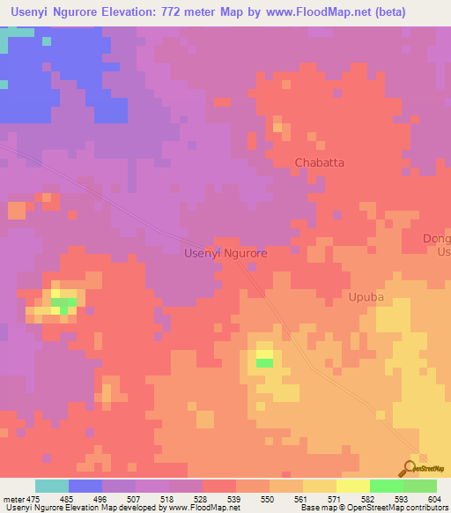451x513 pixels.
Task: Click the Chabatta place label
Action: coord(319,163)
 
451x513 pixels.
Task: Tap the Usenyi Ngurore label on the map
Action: coord(225,253)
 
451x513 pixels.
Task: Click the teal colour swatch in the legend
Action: coord(52,486)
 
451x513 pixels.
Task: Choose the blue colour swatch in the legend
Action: coord(85,486)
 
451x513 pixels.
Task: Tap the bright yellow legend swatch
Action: coord(353,486)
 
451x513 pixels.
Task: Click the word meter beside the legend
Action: coord(12,497)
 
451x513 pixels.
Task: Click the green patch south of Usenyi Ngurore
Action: coord(264,362)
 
